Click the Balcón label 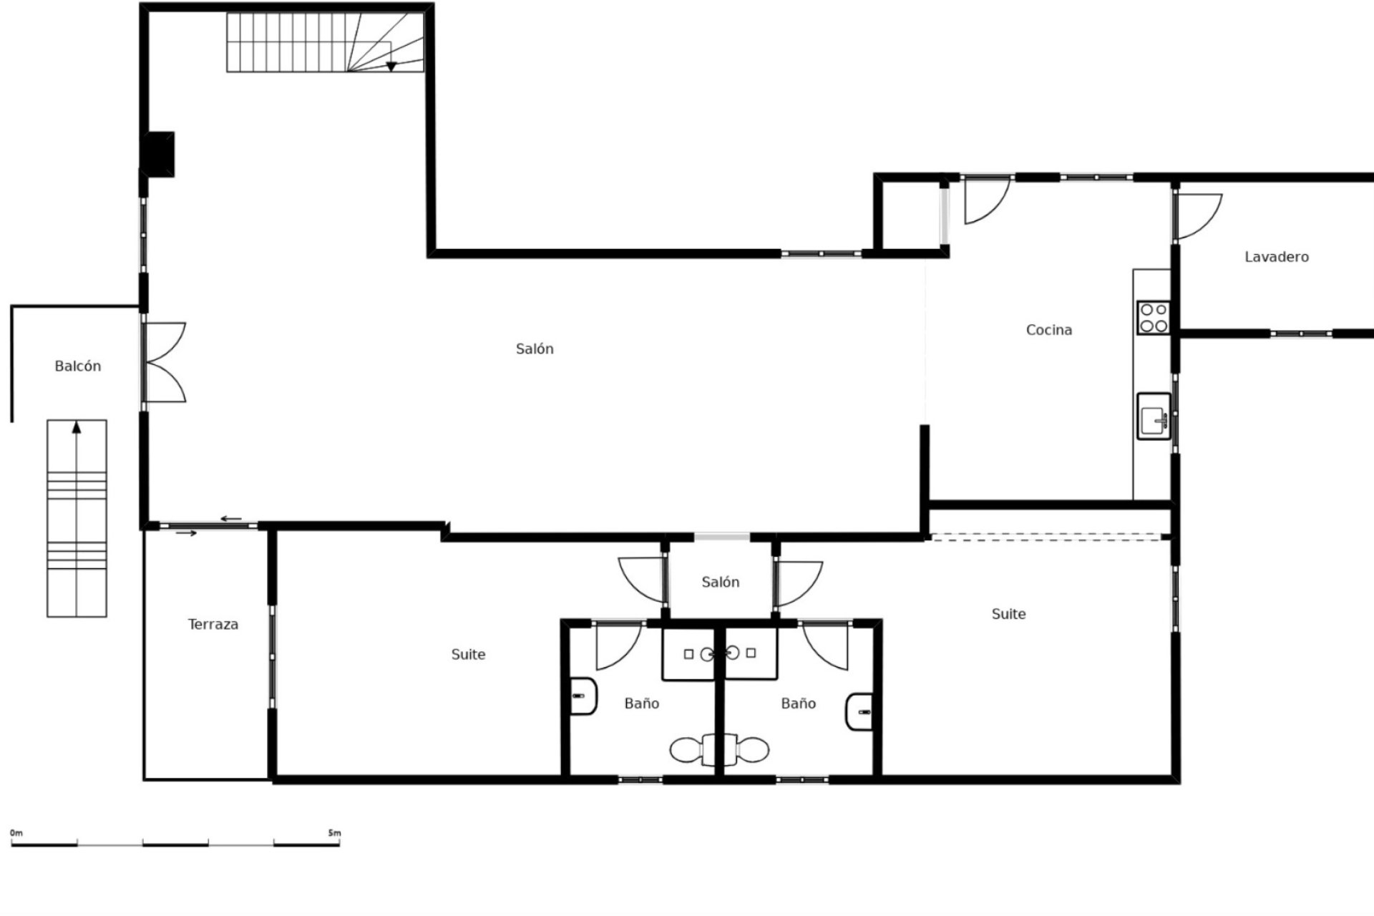(x=78, y=366)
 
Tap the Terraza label (x=213, y=625)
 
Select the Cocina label (x=1048, y=330)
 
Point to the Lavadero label (x=1276, y=257)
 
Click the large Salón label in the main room (x=535, y=349)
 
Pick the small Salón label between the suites (x=720, y=583)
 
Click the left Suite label (x=468, y=655)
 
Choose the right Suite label (x=1008, y=614)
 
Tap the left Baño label (x=641, y=704)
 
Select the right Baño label (x=798, y=704)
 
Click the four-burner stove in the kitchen (x=1154, y=318)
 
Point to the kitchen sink (x=1154, y=416)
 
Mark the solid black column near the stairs (x=158, y=154)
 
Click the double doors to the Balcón (x=165, y=362)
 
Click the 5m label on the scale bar (x=334, y=833)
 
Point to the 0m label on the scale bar (x=16, y=833)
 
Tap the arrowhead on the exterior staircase (x=77, y=428)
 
